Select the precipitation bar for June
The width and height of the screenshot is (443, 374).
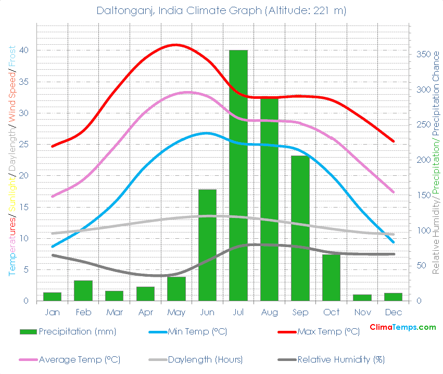(207, 245)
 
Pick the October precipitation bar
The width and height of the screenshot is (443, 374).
(331, 277)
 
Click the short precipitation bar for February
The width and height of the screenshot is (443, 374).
(83, 290)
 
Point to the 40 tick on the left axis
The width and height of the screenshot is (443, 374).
(24, 50)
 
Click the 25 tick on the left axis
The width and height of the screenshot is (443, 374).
(24, 145)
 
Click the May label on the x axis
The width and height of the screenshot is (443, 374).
(176, 313)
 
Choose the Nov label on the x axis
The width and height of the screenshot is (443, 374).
(362, 313)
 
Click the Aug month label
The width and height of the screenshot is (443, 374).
(269, 313)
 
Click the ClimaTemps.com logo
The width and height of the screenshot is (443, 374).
(402, 327)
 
